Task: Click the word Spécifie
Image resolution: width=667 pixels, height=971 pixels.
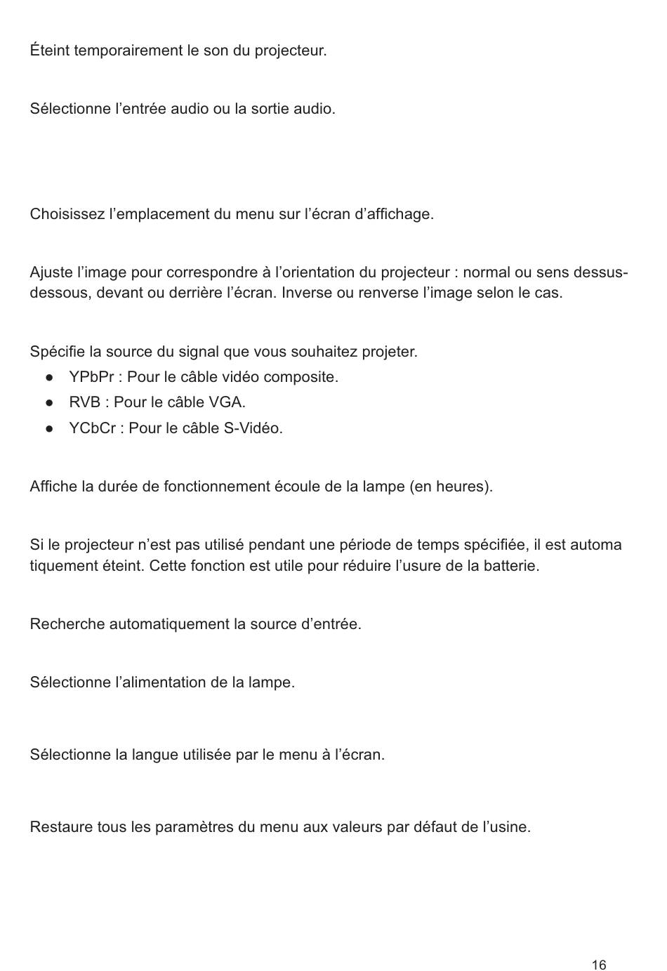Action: [57, 351]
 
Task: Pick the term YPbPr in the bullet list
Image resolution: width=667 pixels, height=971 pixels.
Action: [91, 377]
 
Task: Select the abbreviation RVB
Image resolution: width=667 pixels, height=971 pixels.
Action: [84, 402]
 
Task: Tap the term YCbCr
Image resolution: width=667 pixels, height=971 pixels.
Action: [92, 428]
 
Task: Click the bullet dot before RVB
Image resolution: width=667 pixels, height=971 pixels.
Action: [50, 403]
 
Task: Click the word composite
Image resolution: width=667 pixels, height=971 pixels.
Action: [303, 377]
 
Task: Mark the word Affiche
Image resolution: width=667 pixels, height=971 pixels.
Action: [53, 487]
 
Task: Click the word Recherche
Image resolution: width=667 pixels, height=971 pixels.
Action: [67, 624]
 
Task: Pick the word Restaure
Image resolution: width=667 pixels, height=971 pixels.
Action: [61, 827]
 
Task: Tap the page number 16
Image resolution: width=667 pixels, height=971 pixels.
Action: [599, 965]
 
